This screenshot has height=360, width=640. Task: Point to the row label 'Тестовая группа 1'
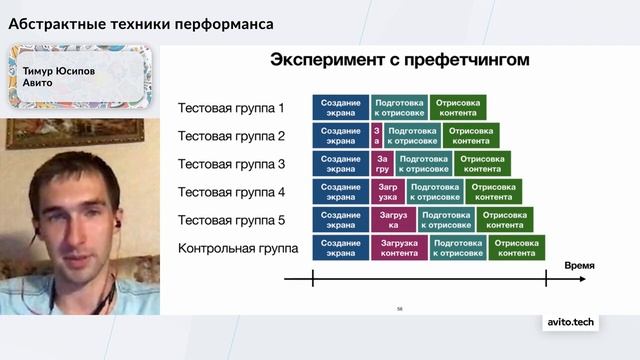[x=231, y=108]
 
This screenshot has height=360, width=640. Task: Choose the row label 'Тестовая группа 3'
[x=231, y=164]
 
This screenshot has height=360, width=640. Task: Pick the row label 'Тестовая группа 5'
[x=231, y=220]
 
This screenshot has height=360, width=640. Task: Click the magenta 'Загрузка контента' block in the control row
[x=399, y=248]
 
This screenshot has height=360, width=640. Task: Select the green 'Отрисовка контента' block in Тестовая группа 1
[x=458, y=108]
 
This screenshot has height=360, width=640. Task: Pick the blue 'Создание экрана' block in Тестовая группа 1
[x=341, y=108]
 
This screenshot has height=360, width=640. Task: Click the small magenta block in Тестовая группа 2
[x=377, y=136]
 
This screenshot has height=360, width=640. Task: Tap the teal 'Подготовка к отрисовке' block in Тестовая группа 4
[x=435, y=192]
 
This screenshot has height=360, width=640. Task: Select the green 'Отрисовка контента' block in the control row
[x=517, y=248]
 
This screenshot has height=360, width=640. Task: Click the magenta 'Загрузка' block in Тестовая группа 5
[x=394, y=220]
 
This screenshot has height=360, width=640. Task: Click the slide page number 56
[x=400, y=308]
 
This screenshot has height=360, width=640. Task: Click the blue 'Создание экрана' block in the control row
[x=341, y=248]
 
